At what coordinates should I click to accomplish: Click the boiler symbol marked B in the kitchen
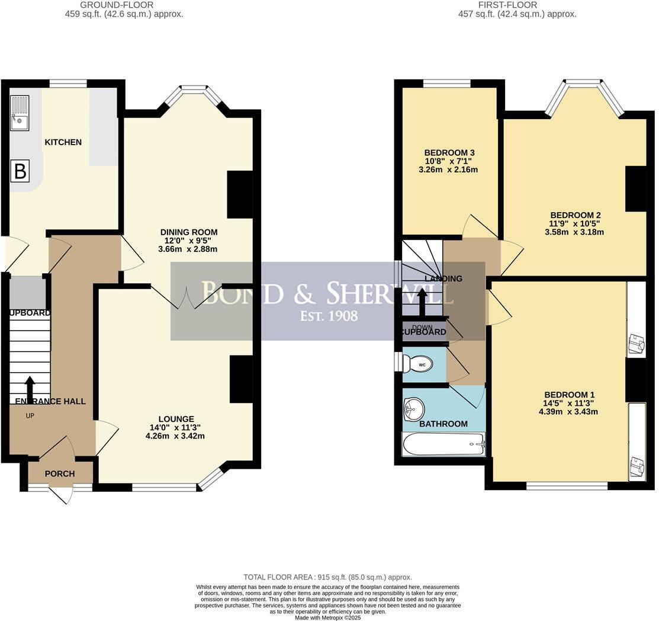point(20,172)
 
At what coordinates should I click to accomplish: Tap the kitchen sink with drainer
point(20,113)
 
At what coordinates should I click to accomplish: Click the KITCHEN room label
point(63,142)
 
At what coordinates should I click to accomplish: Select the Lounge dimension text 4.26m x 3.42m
point(175,436)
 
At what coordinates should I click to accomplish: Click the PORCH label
point(60,473)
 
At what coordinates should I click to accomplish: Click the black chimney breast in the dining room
point(240,194)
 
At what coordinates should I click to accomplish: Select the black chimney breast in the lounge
point(241,379)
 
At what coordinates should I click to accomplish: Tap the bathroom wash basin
point(413,408)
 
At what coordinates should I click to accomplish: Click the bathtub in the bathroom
point(443,443)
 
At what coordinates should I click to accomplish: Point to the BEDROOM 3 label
point(449,153)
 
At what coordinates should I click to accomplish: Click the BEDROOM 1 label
point(570,395)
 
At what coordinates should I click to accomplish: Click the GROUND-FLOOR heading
point(124,5)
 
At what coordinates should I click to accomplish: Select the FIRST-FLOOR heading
point(517,5)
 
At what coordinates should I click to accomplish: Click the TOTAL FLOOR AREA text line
point(327,577)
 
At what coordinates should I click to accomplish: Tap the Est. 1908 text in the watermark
point(329,315)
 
